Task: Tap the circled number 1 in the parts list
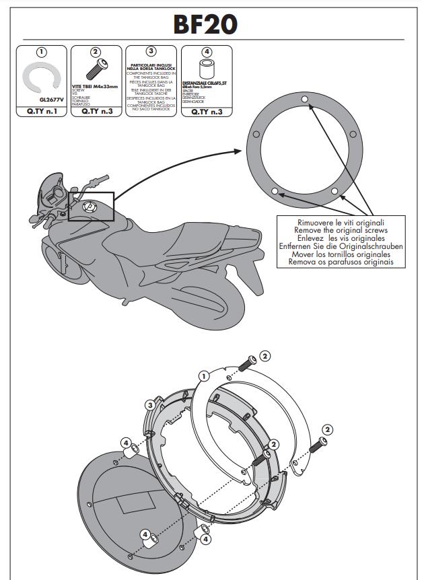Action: [41, 52]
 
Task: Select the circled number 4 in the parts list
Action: [207, 52]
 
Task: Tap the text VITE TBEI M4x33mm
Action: [94, 87]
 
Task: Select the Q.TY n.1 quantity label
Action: [41, 112]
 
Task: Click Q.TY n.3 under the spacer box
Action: [207, 112]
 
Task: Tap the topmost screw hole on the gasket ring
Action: [305, 100]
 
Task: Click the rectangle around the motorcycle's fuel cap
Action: [90, 207]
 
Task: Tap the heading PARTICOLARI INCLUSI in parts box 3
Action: [151, 66]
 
